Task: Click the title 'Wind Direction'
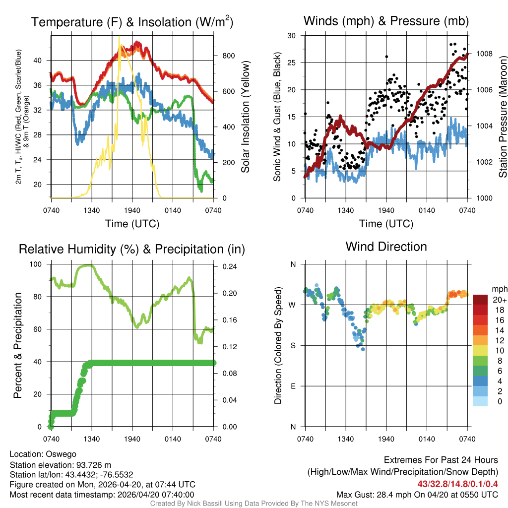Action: [x=386, y=247]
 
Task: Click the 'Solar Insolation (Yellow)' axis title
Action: [x=245, y=117]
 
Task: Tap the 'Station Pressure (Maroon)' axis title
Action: [x=503, y=117]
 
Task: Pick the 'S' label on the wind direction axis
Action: [x=293, y=345]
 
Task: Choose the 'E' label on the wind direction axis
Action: [x=293, y=386]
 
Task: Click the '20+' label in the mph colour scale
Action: [x=499, y=300]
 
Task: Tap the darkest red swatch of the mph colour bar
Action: [x=480, y=300]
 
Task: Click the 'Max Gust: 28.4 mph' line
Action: [x=417, y=495]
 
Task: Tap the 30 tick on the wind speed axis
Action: [x=292, y=36]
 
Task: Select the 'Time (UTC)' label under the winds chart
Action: [x=386, y=224]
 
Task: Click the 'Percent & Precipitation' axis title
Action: [x=17, y=345]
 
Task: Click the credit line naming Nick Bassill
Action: [x=254, y=504]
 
